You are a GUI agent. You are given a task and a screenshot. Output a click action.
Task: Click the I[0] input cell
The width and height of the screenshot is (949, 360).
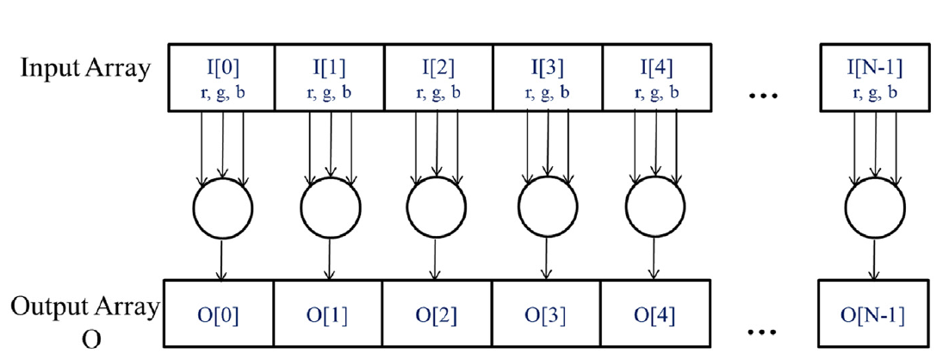coord(220,75)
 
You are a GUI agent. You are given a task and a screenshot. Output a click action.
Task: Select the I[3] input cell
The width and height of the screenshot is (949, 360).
coord(548,75)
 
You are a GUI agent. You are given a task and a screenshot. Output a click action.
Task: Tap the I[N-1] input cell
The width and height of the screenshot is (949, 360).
coord(875,75)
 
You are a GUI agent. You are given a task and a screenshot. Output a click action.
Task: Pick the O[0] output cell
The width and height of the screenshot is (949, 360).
coord(220,314)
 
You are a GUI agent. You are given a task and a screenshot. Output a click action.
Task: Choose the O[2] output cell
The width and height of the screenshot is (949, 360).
coord(437,314)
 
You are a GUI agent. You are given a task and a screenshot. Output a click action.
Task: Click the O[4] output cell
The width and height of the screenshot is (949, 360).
coord(656,314)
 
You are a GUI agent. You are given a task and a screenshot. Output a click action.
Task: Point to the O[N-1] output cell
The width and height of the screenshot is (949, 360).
coord(875,314)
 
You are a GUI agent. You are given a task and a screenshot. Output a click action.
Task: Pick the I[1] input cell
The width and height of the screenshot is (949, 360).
coord(329,75)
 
